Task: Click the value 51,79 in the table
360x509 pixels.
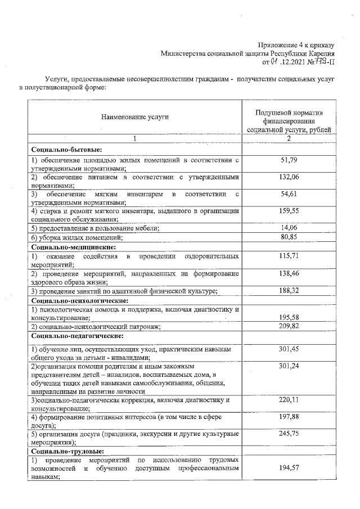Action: click(x=288, y=161)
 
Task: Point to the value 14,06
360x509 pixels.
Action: click(x=288, y=227)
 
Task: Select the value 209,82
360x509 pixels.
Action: click(x=288, y=326)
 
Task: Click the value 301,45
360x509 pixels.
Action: click(x=288, y=349)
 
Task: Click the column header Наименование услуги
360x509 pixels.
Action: click(x=135, y=117)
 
